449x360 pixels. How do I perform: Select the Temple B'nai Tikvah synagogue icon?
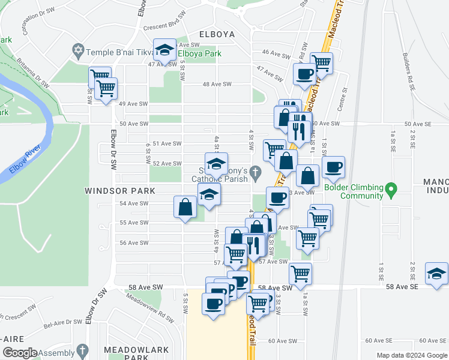click(x=77, y=52)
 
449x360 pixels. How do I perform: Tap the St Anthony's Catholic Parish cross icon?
click(x=256, y=173)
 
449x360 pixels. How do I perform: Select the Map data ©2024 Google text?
click(x=412, y=355)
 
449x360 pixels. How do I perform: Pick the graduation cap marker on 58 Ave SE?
click(x=436, y=273)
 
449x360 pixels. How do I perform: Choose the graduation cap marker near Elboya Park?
click(x=164, y=50)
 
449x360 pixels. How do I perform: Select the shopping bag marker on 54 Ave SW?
click(x=185, y=208)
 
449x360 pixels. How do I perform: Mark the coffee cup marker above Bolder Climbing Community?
click(x=333, y=167)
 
